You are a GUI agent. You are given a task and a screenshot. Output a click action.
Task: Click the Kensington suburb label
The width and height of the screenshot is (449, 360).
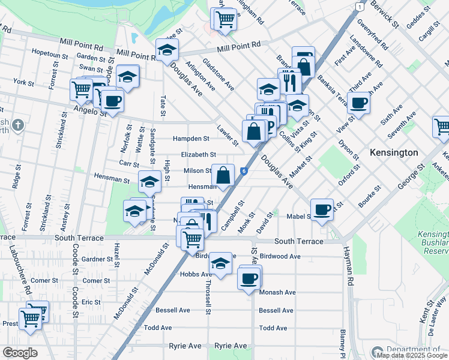(394, 152)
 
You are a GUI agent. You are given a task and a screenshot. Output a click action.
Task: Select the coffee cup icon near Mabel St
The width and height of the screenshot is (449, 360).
(322, 208)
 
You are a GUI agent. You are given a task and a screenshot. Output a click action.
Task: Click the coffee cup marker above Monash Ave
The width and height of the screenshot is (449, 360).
(249, 278)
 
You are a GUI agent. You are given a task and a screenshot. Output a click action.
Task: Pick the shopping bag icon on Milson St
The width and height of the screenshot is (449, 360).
(223, 175)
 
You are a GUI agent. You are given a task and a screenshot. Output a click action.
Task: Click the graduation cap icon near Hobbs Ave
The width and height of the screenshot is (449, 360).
(220, 263)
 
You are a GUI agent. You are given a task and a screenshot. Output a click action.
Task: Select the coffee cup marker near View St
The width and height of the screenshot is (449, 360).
(358, 103)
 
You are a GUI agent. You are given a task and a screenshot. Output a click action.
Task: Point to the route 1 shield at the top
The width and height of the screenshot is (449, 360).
(358, 6)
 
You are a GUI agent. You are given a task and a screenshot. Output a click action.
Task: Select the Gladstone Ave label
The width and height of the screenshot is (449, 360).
(218, 74)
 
